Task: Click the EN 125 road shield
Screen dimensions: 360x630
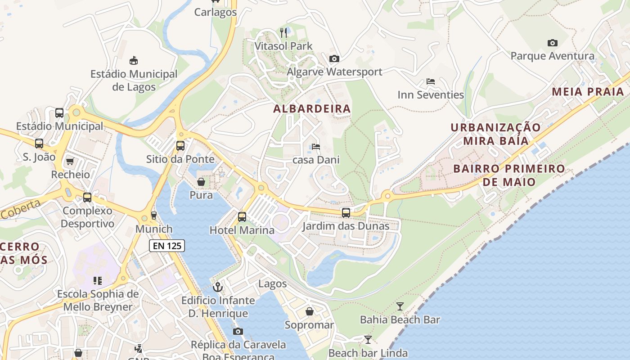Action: tap(167, 246)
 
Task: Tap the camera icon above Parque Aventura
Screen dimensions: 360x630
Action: tap(552, 43)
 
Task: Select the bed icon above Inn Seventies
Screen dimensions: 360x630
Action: tap(431, 82)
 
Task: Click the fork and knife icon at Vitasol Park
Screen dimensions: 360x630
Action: tap(283, 32)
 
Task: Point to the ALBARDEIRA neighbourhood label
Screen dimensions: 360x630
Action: tap(312, 108)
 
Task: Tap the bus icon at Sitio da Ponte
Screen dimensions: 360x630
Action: tap(180, 146)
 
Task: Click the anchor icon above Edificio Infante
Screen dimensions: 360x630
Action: tap(218, 287)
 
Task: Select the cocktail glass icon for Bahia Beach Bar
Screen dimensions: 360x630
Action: tap(400, 306)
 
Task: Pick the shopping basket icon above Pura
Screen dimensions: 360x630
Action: tap(201, 182)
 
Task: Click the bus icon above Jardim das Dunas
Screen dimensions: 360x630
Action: tap(346, 213)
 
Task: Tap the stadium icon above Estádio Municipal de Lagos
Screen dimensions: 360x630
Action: tap(134, 60)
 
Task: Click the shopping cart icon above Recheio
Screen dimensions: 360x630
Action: tap(70, 161)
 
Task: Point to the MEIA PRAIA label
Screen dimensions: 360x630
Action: tap(588, 92)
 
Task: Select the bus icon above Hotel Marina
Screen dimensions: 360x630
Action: tap(242, 217)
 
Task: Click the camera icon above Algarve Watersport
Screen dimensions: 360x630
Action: tap(334, 58)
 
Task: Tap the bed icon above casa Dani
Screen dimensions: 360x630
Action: tap(316, 147)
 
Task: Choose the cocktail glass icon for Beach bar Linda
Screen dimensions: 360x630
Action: tap(368, 340)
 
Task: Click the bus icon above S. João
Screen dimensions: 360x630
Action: tap(39, 144)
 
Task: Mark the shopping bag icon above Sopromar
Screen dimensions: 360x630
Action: tap(310, 311)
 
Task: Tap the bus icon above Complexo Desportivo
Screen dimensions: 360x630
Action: tap(87, 197)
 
